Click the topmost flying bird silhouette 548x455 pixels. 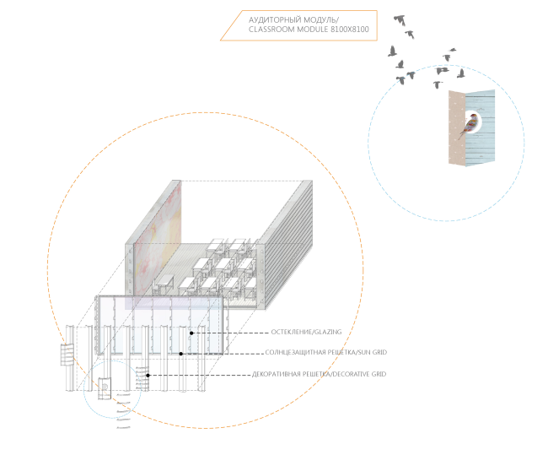tap(400, 18)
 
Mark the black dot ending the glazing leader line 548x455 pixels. tap(191, 333)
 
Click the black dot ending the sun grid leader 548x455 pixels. tap(180, 354)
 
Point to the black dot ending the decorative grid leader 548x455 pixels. tap(148, 374)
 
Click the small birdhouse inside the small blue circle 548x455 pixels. tap(105, 389)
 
